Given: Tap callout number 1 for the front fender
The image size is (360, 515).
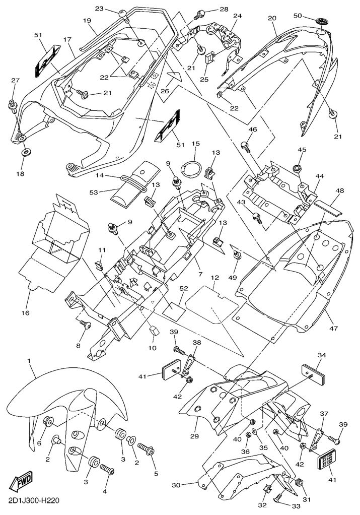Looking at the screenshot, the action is coord(29,361).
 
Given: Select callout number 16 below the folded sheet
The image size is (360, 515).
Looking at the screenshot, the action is coord(25,312).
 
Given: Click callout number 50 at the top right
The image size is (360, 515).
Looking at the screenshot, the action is coord(298,16).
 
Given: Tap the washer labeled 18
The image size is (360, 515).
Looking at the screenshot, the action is coord(24,153).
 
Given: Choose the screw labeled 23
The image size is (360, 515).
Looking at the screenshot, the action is coord(123,16).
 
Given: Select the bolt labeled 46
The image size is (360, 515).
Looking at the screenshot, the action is coord(246,147).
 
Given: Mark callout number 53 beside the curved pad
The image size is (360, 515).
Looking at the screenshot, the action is coord(94,192).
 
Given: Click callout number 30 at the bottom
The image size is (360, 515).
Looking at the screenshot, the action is coord(176,485).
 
